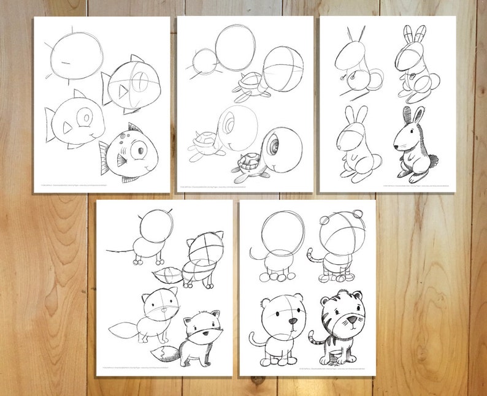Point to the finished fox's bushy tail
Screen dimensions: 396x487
pos(165,354)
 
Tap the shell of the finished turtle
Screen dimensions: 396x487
pos(245,164)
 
